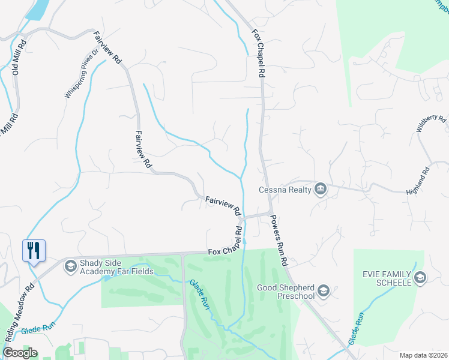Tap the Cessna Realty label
(285, 190)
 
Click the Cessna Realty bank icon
(320, 190)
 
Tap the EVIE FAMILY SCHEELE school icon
(420, 277)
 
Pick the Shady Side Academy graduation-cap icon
(71, 265)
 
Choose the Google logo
(20, 353)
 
